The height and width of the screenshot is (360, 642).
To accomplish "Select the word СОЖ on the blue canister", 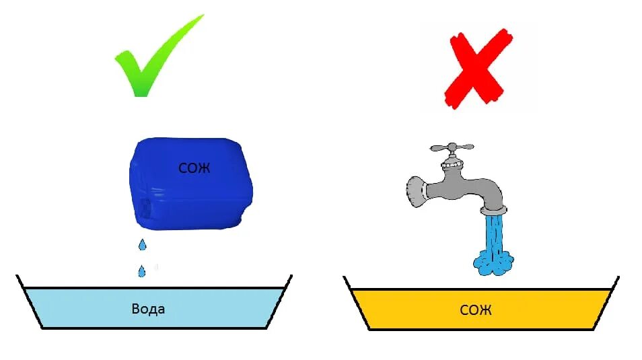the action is [x=194, y=168].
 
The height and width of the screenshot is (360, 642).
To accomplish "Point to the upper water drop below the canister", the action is [x=141, y=244].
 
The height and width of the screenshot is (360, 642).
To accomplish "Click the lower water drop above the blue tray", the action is [x=142, y=271].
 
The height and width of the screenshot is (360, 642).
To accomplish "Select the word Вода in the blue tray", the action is [x=149, y=310].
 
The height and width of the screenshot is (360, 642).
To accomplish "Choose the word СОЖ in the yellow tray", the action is [x=476, y=310].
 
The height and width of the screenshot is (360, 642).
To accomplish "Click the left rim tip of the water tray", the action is [x=18, y=277].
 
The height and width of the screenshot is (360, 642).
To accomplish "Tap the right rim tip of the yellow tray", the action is [x=617, y=277].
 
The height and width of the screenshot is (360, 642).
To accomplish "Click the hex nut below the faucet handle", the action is [x=451, y=164].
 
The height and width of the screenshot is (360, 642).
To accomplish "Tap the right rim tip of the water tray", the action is [x=290, y=277].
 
